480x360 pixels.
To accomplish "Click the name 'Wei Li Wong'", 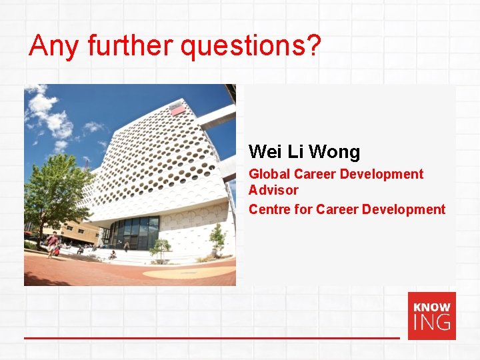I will [x=304, y=152].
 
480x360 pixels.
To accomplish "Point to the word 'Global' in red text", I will [x=269, y=174].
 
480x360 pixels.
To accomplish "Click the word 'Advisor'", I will [x=273, y=190].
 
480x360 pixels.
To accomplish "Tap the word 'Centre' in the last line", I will [x=269, y=209].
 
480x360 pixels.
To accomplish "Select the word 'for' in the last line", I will [x=304, y=209].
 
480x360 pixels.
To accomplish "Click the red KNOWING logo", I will [x=431, y=316].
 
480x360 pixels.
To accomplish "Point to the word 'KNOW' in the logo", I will [x=431, y=307].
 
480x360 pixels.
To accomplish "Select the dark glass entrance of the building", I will [x=135, y=233].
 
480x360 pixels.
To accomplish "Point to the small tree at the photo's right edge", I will [x=217, y=239].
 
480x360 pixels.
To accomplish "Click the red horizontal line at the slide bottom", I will [x=212, y=338].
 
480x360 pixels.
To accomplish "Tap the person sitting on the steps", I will [x=112, y=254].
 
